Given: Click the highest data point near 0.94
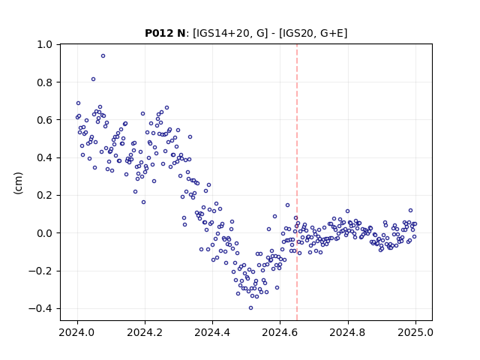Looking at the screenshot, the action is click(103, 56).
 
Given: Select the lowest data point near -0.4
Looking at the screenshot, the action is click(250, 308).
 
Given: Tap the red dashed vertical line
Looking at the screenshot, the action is click(297, 182).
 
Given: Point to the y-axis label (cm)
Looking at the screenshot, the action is click(18, 183).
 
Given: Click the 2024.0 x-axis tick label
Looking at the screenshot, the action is click(76, 332).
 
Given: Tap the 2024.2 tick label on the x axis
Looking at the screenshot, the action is click(145, 332).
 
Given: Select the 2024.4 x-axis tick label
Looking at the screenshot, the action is click(212, 332).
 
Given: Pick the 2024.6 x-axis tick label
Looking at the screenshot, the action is click(280, 332).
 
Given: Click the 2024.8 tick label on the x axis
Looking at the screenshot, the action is click(347, 332).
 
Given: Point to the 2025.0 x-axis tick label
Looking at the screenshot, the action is click(415, 332).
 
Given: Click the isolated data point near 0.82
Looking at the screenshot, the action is click(93, 79).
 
